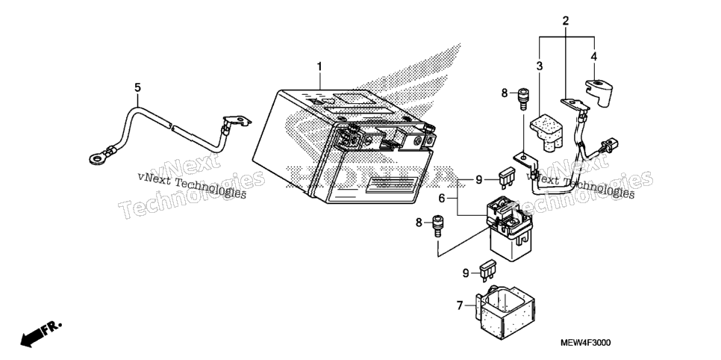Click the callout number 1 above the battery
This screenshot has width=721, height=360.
point(319,66)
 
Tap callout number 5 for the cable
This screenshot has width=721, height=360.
point(137,87)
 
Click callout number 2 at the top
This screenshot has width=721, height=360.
point(566,20)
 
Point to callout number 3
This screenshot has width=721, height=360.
point(540,66)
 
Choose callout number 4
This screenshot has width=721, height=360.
point(593,57)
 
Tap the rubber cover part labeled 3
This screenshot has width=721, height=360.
point(546,132)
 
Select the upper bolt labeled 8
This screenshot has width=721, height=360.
point(522,99)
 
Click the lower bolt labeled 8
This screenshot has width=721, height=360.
point(437,226)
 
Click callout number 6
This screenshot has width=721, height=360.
point(441,199)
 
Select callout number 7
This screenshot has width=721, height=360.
point(460,305)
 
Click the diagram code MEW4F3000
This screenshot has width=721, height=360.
point(585,343)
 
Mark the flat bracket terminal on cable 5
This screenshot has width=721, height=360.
point(237,122)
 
